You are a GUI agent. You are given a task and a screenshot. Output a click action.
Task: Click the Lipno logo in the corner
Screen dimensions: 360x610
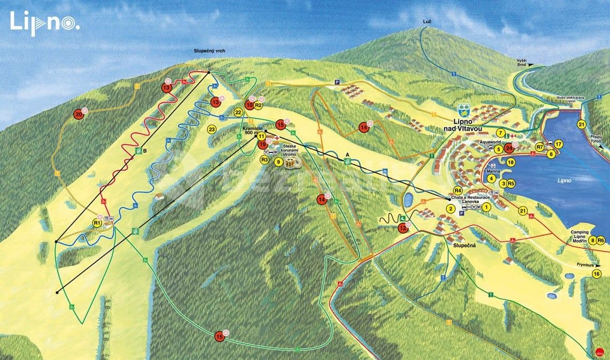[44, 23]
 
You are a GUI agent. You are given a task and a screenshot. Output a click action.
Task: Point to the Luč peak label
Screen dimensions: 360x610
[426, 21]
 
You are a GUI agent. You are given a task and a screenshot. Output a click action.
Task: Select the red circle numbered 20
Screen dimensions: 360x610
[79, 114]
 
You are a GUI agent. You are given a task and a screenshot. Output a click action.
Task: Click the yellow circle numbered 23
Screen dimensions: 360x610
[211, 129]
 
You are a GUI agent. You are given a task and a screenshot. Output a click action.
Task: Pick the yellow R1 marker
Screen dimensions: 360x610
[97, 223]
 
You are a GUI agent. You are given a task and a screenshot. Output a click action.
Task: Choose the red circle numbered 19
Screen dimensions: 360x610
[263, 144]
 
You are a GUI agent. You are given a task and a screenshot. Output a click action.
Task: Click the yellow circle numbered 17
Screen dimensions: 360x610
[558, 144]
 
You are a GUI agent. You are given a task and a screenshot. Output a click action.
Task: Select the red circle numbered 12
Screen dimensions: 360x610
[402, 228]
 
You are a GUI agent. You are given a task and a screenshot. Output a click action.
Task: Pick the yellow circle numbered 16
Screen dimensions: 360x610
[597, 274]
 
